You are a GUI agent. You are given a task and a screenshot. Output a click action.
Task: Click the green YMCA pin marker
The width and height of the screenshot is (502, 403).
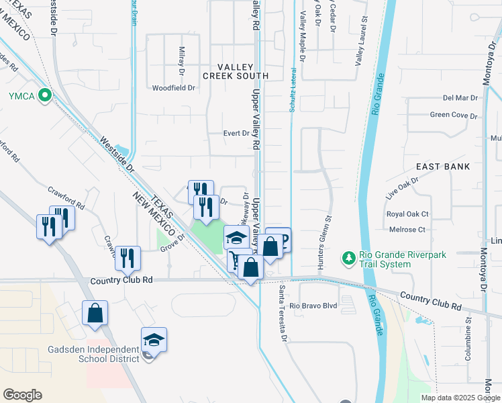[45, 96]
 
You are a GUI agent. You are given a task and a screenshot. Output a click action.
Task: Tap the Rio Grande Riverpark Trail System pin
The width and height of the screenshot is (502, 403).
[348, 258]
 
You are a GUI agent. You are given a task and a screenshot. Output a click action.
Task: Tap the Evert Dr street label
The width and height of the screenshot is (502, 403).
[236, 134]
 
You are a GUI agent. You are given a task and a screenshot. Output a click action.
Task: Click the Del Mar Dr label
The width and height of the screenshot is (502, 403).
[460, 98]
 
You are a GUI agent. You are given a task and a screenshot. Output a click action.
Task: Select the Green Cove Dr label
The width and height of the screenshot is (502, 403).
[454, 115]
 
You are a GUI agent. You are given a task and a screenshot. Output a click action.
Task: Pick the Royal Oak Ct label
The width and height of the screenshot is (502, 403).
[407, 214]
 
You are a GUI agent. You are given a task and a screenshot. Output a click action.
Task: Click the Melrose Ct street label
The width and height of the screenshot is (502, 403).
[407, 230]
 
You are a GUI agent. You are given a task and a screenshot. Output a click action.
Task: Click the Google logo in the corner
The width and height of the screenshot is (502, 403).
[22, 395]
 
